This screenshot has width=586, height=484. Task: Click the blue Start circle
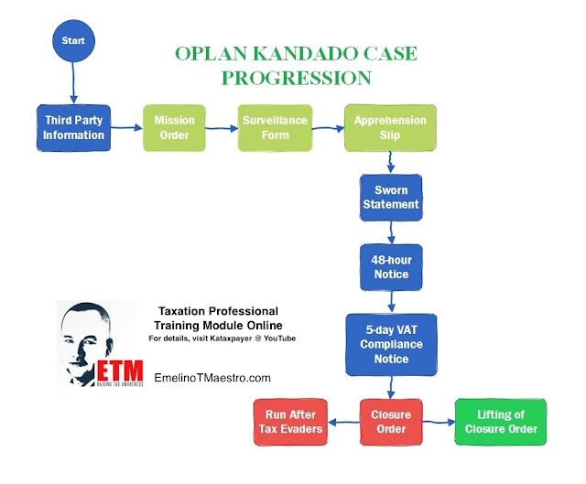pyautogui.click(x=73, y=40)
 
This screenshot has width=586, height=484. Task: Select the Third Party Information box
pyautogui.click(x=73, y=128)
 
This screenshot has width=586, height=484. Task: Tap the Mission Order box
pyautogui.click(x=174, y=128)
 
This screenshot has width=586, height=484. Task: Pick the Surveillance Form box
pyautogui.click(x=275, y=128)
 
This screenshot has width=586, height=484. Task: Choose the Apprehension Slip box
pyautogui.click(x=390, y=128)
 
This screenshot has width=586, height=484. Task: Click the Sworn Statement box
pyautogui.click(x=391, y=198)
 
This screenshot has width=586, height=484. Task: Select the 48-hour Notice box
pyautogui.click(x=391, y=267)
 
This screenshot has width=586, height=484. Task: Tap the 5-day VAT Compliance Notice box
pyautogui.click(x=391, y=344)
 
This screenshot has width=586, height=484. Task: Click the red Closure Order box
pyautogui.click(x=391, y=422)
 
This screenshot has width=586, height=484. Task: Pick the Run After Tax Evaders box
pyautogui.click(x=290, y=422)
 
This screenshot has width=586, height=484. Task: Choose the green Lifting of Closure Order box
pyautogui.click(x=501, y=422)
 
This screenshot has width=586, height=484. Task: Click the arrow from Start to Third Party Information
pyautogui.click(x=73, y=83)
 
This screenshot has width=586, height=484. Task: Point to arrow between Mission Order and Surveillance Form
pyautogui.click(x=222, y=128)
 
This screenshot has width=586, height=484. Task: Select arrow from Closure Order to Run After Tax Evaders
pyautogui.click(x=344, y=423)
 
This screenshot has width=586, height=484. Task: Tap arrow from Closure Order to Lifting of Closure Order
pyautogui.click(x=439, y=422)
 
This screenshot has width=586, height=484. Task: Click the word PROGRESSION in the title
pyautogui.click(x=297, y=78)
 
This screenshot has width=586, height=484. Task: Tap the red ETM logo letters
pyautogui.click(x=120, y=371)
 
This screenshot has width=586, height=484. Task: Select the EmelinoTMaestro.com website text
pyautogui.click(x=212, y=378)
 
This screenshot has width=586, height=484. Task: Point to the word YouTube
pyautogui.click(x=279, y=339)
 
